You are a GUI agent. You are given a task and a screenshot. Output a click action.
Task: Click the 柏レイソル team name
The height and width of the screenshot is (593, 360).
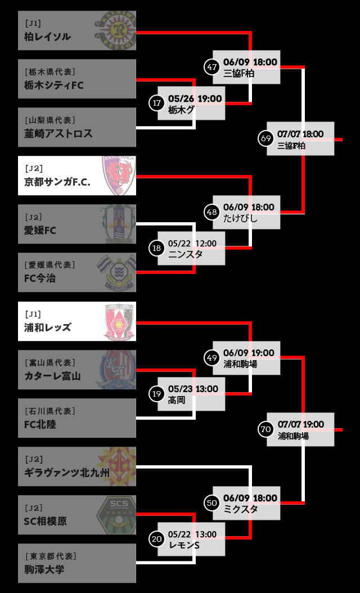click(47, 37)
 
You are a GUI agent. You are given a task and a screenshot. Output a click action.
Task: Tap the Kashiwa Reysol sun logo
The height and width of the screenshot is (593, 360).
click(116, 30)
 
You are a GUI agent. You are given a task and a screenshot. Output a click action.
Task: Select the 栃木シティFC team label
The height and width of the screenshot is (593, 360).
click(54, 85)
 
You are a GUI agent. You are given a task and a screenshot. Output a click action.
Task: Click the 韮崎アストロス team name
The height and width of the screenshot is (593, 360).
click(58, 133)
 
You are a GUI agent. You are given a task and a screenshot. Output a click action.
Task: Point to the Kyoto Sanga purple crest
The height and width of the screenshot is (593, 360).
click(119, 176)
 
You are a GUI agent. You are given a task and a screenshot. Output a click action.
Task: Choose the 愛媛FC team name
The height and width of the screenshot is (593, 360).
click(40, 230)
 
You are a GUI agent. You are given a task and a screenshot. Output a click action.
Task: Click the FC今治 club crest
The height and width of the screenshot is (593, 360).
click(116, 272)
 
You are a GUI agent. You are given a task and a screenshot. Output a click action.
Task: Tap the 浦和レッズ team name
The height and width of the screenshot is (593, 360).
click(48, 327)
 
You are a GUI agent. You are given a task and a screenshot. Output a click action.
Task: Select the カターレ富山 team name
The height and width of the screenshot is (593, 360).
click(53, 376)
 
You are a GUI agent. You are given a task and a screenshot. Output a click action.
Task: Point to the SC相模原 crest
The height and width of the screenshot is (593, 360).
click(116, 515)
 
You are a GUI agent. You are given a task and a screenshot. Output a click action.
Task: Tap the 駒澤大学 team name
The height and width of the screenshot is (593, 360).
click(44, 569)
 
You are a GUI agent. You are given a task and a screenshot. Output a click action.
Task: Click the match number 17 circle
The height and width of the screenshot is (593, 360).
click(157, 103)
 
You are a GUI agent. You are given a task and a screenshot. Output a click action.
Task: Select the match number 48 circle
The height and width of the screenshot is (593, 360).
click(212, 212)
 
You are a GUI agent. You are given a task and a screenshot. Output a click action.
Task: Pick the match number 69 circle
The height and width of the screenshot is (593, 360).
click(266, 138)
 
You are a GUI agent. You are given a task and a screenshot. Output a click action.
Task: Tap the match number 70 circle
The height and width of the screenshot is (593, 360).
click(266, 429)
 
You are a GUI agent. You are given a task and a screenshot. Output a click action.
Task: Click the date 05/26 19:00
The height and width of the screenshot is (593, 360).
click(195, 98)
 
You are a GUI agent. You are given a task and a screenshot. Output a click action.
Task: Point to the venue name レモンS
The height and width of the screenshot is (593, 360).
click(184, 545)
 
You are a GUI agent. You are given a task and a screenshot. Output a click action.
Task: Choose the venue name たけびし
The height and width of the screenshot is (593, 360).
click(240, 218)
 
